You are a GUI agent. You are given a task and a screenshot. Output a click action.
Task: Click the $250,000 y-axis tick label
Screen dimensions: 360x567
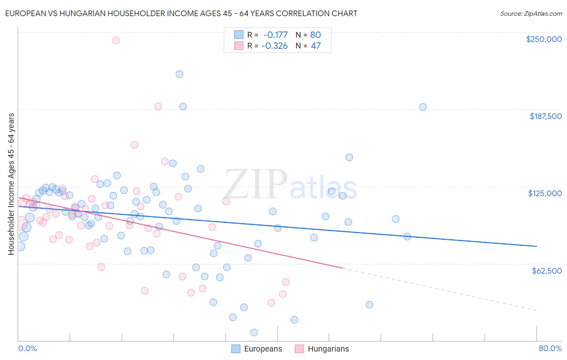click(x=544, y=39)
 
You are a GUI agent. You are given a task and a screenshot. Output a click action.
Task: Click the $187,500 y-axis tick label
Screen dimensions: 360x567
click(x=545, y=116)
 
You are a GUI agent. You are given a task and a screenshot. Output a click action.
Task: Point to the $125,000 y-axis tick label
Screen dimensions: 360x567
click(x=545, y=193)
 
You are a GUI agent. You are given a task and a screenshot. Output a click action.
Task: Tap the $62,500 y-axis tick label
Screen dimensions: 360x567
click(x=546, y=271)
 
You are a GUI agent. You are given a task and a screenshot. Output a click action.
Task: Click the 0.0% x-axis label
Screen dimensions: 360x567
click(x=27, y=348)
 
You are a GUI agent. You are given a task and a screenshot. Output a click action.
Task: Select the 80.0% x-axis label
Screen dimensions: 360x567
click(x=550, y=348)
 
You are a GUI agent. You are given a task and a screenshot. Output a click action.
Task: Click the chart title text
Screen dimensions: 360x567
click(x=181, y=13)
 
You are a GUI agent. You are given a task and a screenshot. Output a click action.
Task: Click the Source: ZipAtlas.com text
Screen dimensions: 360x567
click(x=531, y=13)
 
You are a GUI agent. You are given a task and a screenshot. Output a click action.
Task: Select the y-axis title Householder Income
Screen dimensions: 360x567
click(x=11, y=184)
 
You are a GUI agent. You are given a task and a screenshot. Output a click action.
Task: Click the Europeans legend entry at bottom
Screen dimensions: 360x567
click(x=256, y=349)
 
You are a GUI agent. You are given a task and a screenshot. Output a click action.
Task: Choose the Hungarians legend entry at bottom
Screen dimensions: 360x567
click(x=322, y=349)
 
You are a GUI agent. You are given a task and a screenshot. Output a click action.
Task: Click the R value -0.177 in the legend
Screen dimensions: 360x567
click(x=275, y=35)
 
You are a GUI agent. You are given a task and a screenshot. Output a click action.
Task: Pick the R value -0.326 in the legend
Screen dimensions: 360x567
click(x=275, y=46)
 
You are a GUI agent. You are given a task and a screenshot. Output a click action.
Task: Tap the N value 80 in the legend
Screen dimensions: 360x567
click(x=315, y=35)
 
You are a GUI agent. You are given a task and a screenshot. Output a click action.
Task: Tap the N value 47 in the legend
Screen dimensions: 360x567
click(x=316, y=46)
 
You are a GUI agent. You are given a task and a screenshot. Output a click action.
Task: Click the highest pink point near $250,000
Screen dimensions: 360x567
click(x=116, y=40)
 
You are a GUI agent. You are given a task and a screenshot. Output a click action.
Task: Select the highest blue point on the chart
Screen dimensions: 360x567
click(x=179, y=74)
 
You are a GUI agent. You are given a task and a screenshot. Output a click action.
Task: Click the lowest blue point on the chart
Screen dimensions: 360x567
click(x=254, y=333)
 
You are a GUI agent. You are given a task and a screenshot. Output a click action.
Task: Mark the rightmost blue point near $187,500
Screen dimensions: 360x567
click(x=423, y=107)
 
